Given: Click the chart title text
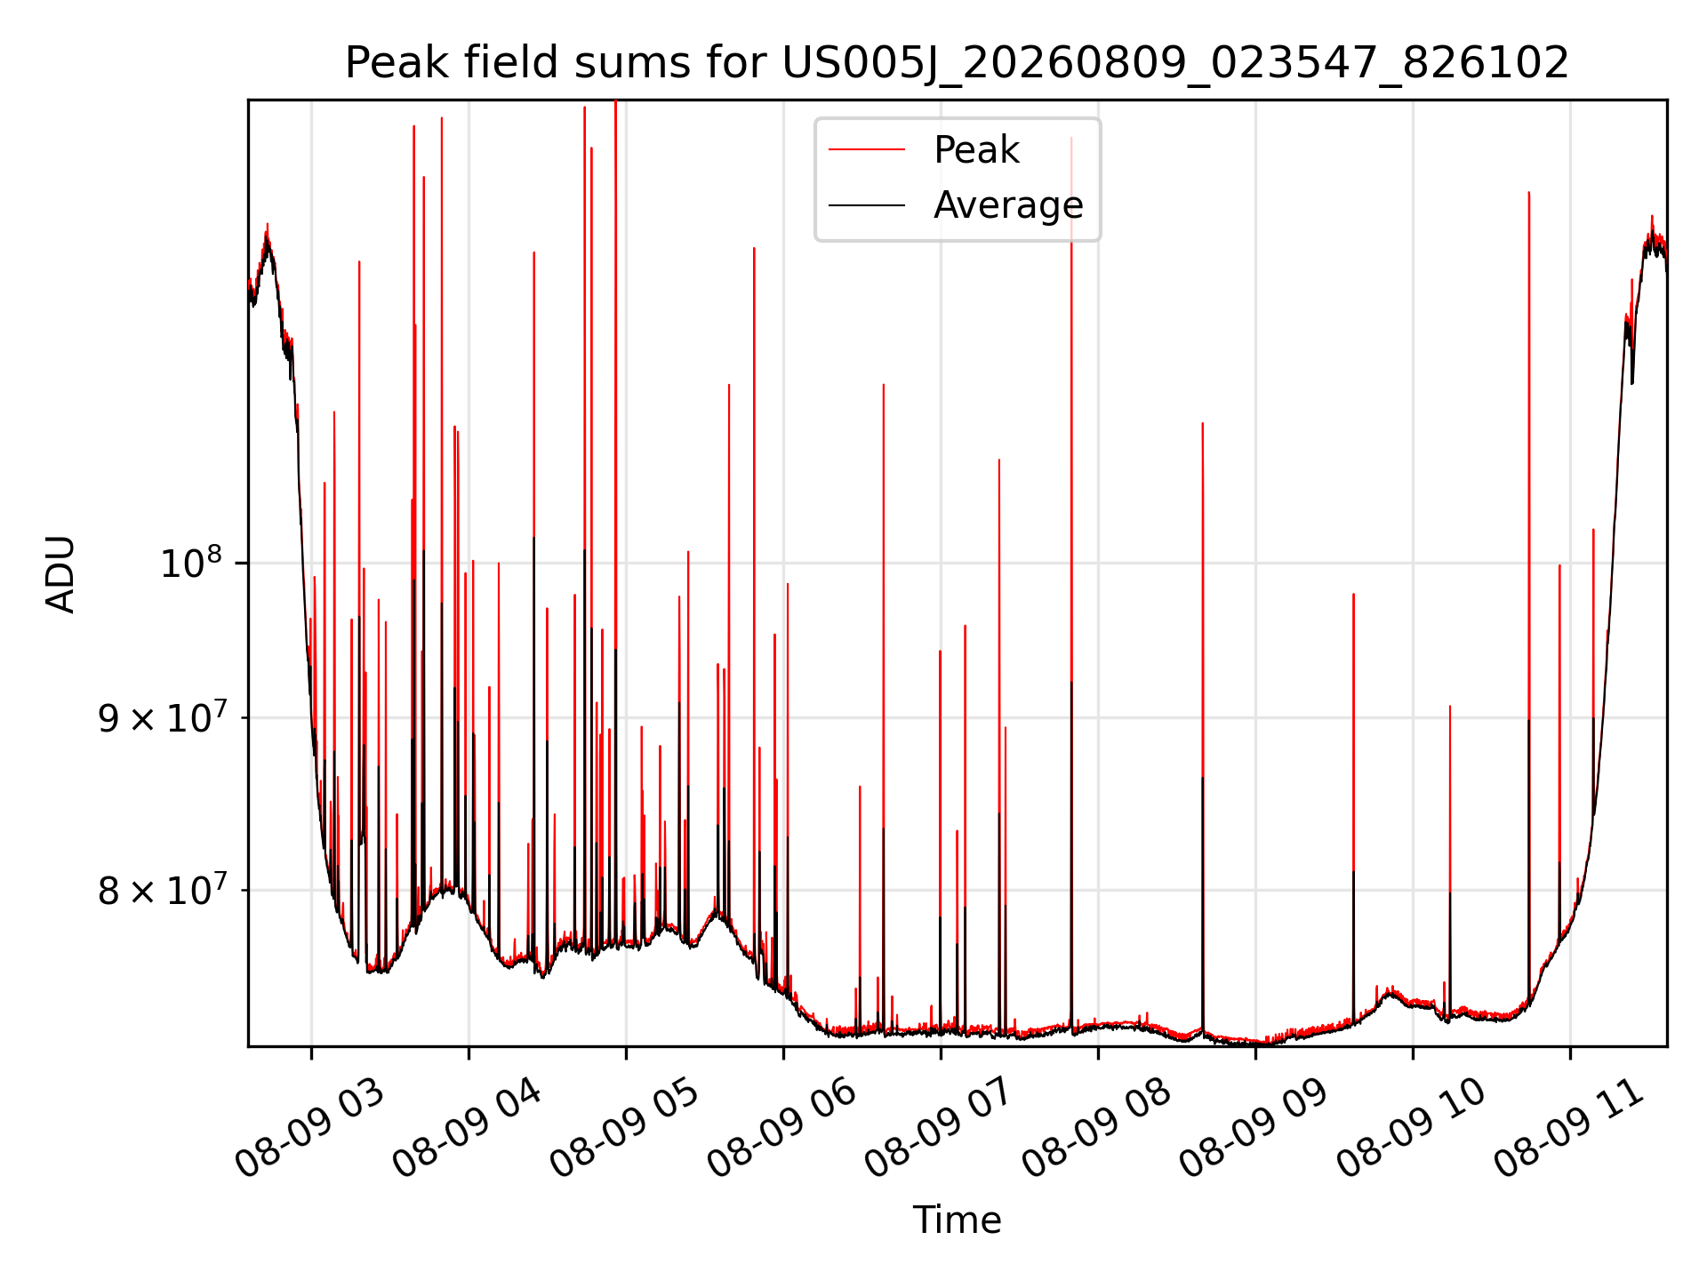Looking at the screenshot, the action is coord(957,63).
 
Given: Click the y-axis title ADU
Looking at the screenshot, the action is coord(60,574).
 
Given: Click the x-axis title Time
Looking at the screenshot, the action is coord(957,1220).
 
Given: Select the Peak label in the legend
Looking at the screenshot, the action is coord(976,150).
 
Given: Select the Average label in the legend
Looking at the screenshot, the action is coord(1008,205).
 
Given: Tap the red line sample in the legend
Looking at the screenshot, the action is coord(867,150).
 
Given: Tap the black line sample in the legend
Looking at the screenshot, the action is coord(867,205).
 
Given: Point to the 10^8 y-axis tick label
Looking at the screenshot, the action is coord(190,563).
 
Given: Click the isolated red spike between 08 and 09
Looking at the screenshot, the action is coord(1203,725).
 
